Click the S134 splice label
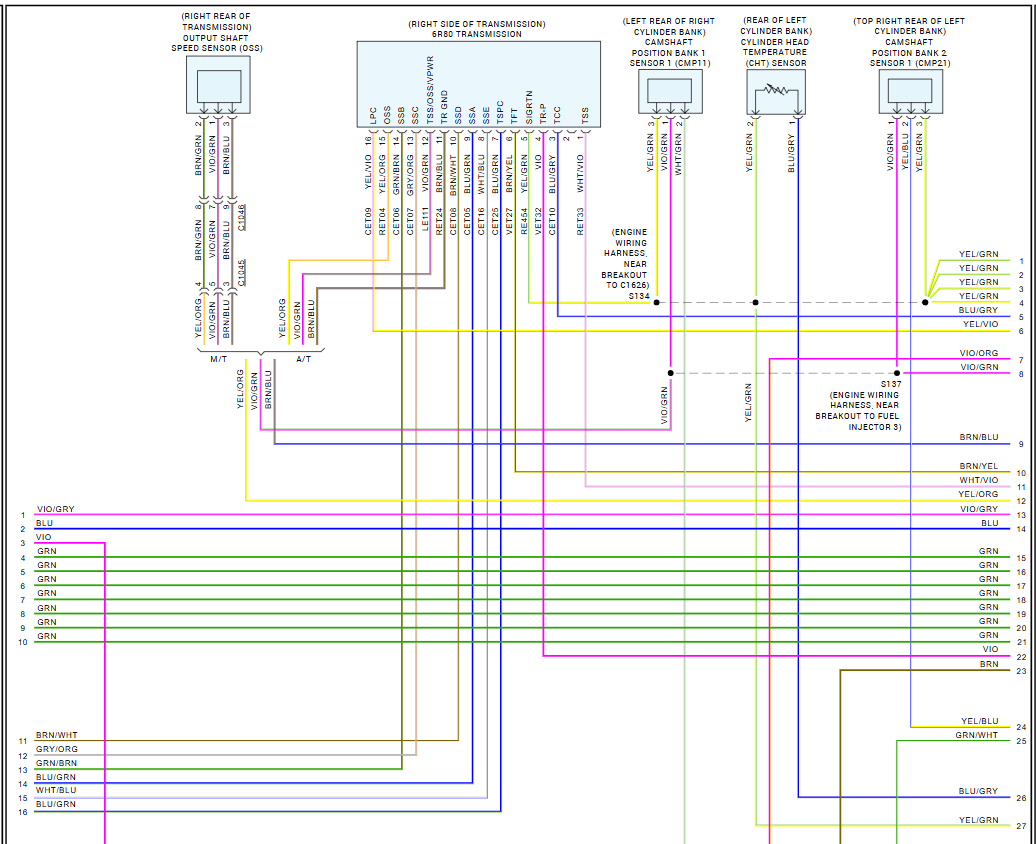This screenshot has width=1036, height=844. [x=639, y=296]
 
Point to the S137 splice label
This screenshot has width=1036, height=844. [x=890, y=383]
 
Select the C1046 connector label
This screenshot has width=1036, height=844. [x=242, y=216]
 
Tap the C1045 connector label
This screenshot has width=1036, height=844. [x=242, y=271]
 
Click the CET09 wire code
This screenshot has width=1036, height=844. [x=368, y=221]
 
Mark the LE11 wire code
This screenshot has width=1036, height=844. [x=424, y=221]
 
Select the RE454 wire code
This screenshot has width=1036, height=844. [x=524, y=221]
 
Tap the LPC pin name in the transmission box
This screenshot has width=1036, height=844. [x=373, y=115]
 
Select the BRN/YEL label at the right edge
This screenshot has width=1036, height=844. [x=978, y=466]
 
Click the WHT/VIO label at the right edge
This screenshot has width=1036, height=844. [x=978, y=480]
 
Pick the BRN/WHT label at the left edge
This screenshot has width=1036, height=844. [x=56, y=734]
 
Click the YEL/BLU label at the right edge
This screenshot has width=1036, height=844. [x=979, y=720]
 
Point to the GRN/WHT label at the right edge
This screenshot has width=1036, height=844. [x=976, y=735]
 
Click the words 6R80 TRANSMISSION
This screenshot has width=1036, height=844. [x=478, y=34]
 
